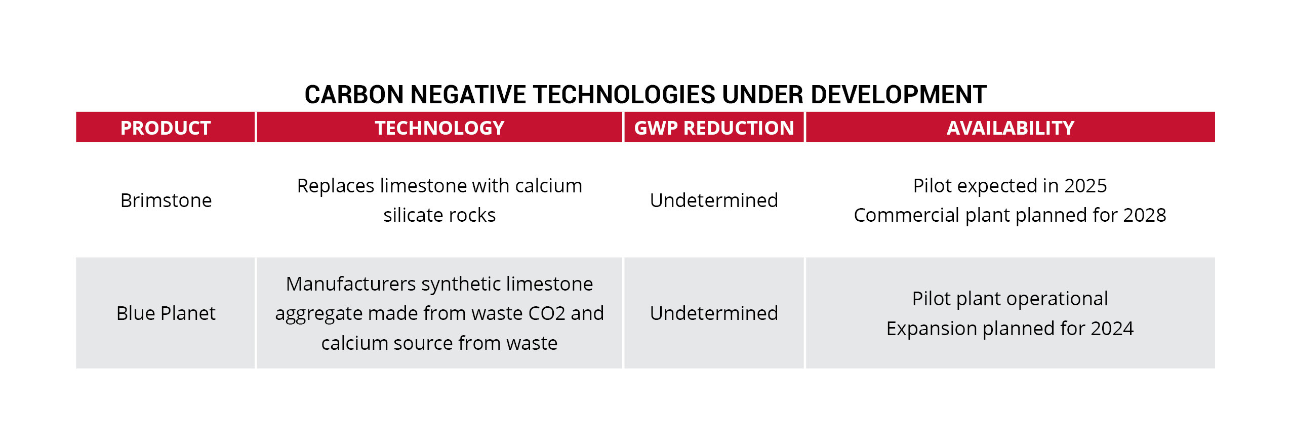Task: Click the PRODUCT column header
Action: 166,128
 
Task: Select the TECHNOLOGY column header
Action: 439,128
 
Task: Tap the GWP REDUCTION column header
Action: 714,128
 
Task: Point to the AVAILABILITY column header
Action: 1011,128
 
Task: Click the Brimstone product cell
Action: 166,200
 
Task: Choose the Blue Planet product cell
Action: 166,313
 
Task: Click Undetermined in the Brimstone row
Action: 714,200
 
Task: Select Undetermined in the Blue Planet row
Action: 714,313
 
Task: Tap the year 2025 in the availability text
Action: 1085,186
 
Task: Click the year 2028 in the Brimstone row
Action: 1145,215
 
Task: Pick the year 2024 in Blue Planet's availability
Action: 1112,329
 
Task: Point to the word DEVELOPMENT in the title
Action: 899,95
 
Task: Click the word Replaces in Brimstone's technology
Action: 336,186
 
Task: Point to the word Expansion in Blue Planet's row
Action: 932,329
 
